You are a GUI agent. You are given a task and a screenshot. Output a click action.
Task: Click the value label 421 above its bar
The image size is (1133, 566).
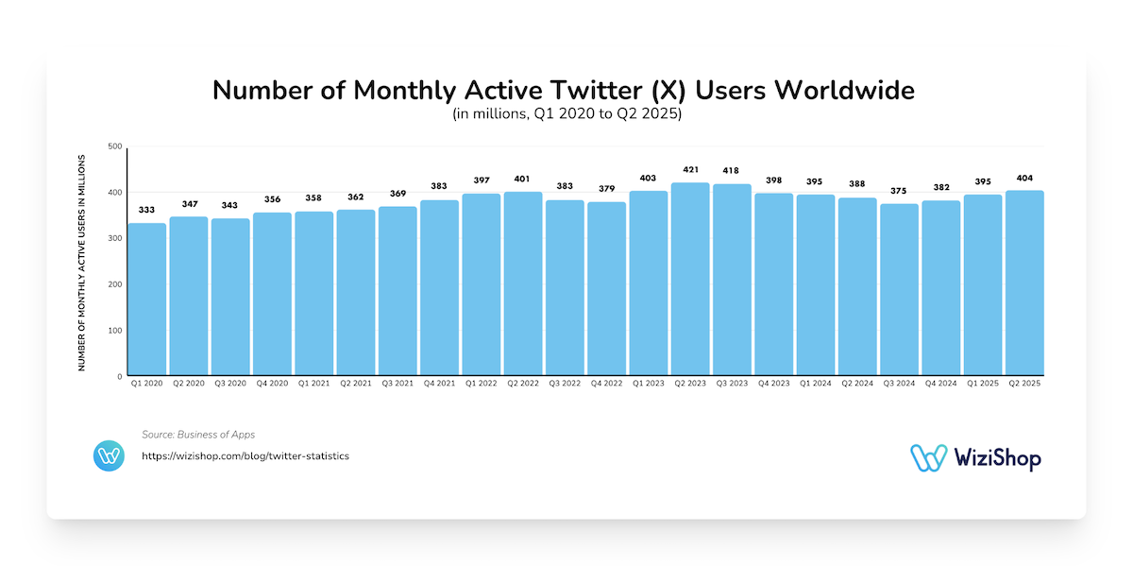pyautogui.click(x=690, y=172)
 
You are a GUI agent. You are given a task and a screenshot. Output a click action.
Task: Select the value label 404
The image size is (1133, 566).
pyautogui.click(x=1024, y=180)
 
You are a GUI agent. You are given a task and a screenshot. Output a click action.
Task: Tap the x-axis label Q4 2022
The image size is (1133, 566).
pyautogui.click(x=606, y=384)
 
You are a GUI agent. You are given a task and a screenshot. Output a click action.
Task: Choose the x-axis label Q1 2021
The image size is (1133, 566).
pyautogui.click(x=313, y=384)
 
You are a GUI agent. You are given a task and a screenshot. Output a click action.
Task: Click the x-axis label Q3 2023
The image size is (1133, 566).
pyautogui.click(x=732, y=384)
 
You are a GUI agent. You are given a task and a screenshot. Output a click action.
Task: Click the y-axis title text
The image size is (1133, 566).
pyautogui.click(x=82, y=261)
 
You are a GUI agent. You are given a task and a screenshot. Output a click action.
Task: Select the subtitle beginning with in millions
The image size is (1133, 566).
pyautogui.click(x=566, y=115)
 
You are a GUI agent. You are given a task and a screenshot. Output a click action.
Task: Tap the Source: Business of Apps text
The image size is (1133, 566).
pyautogui.click(x=198, y=435)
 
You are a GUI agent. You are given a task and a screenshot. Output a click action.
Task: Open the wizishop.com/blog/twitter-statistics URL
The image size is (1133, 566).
pyautogui.click(x=245, y=456)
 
